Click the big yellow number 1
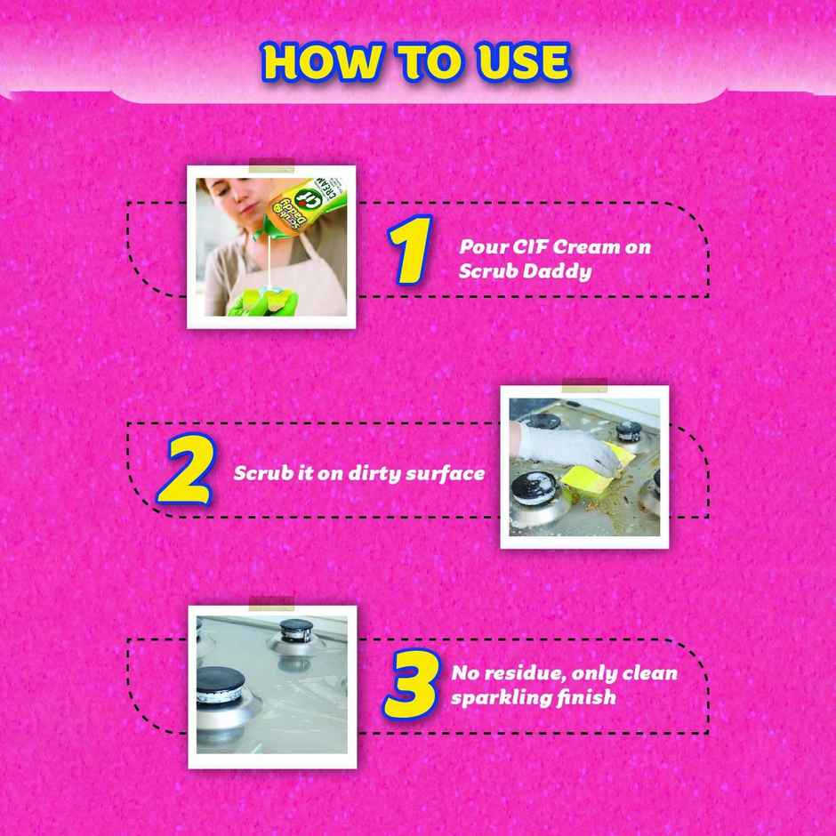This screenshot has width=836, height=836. click(410, 251)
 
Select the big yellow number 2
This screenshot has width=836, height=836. click(184, 470)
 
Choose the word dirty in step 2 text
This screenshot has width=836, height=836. click(378, 473)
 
